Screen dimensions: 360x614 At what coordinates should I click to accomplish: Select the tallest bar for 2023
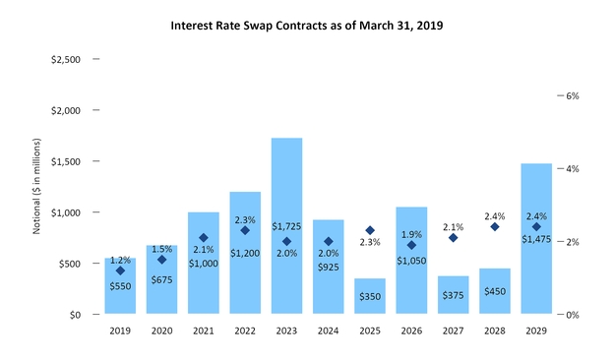pyautogui.click(x=286, y=226)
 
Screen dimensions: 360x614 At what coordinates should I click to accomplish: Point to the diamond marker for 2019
pyautogui.click(x=120, y=270)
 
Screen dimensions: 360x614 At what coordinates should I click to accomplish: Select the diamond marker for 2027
pyautogui.click(x=453, y=237)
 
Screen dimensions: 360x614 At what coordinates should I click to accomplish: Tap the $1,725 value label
pyautogui.click(x=286, y=227)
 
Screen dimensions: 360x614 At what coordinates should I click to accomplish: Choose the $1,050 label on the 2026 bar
pyautogui.click(x=411, y=260)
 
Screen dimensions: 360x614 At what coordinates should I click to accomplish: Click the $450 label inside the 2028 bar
pyautogui.click(x=495, y=290)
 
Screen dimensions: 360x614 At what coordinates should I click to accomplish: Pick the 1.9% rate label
pyautogui.click(x=411, y=234)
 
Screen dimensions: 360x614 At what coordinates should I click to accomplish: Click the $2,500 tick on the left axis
pyautogui.click(x=67, y=59)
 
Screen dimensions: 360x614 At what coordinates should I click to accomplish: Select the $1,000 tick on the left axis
pyautogui.click(x=67, y=212)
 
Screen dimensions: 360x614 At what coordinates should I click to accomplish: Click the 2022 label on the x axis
pyautogui.click(x=245, y=331)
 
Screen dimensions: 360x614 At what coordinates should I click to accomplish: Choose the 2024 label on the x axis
pyautogui.click(x=328, y=331)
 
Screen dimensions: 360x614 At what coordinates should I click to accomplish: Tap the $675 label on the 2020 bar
pyautogui.click(x=161, y=279)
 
